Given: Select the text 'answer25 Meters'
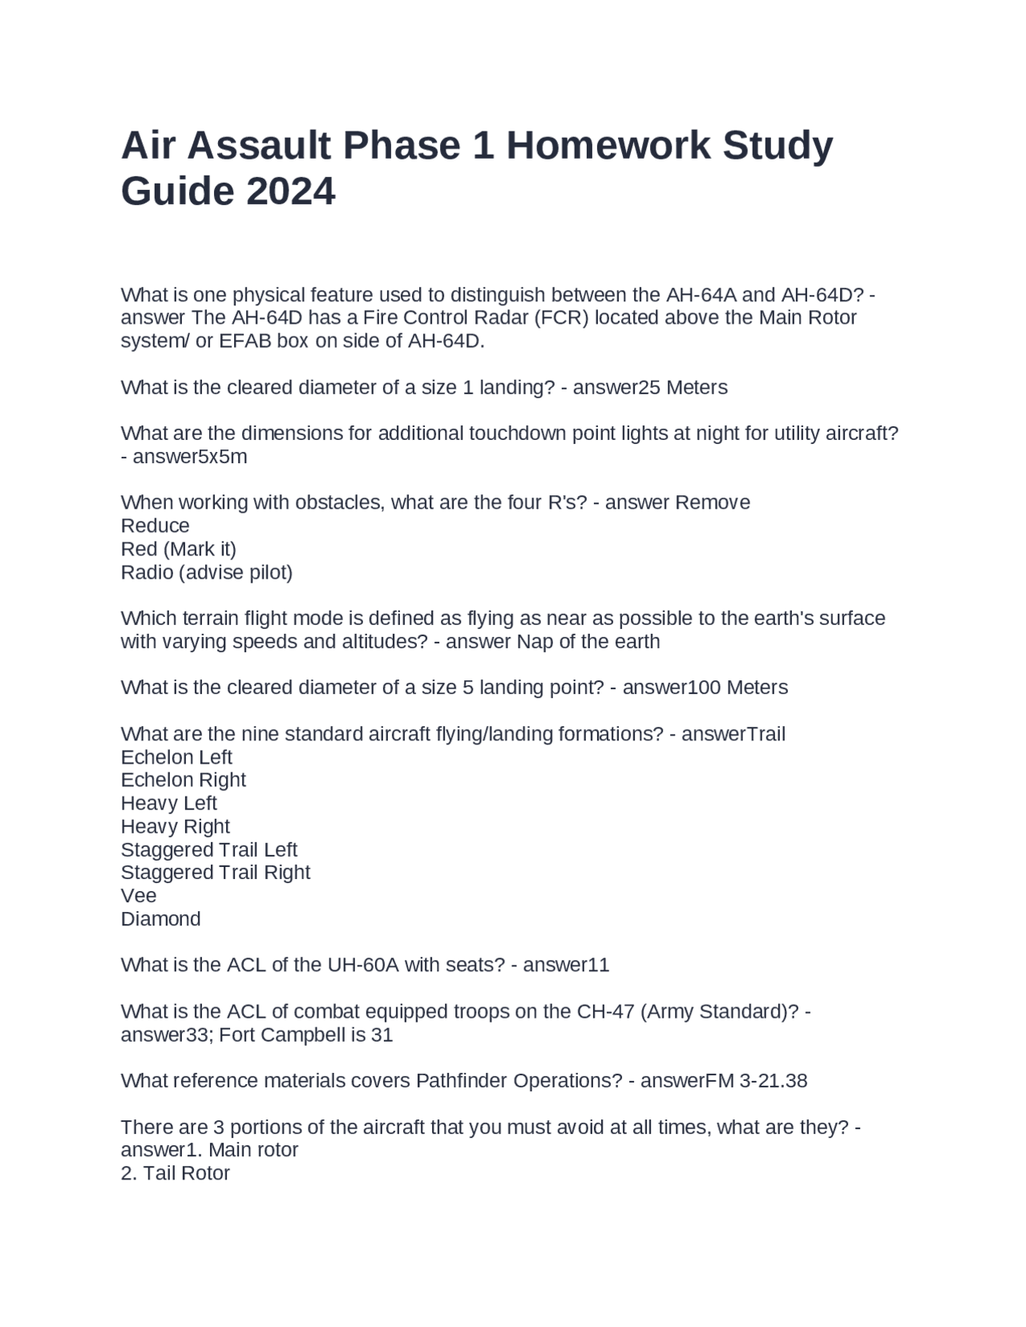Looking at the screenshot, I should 650,388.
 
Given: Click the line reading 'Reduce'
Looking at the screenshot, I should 156,526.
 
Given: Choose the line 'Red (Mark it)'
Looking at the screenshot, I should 179,550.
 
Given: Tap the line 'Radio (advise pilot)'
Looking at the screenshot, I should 207,573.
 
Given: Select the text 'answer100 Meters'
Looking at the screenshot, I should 705,688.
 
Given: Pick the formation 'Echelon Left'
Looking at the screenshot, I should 176,757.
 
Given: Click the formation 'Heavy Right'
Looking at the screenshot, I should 176,827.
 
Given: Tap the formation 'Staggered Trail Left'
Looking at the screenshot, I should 209,849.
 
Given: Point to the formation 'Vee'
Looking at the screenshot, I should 139,896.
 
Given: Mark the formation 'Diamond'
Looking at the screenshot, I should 161,919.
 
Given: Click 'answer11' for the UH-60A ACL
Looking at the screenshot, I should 566,965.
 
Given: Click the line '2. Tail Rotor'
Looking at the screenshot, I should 176,1174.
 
